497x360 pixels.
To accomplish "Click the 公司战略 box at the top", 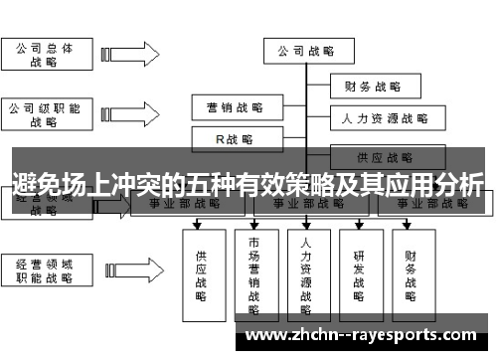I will pyautogui.click(x=305, y=50).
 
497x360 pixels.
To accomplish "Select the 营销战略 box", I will pyautogui.click(x=235, y=107).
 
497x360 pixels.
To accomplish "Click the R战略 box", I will pyautogui.click(x=235, y=138).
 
